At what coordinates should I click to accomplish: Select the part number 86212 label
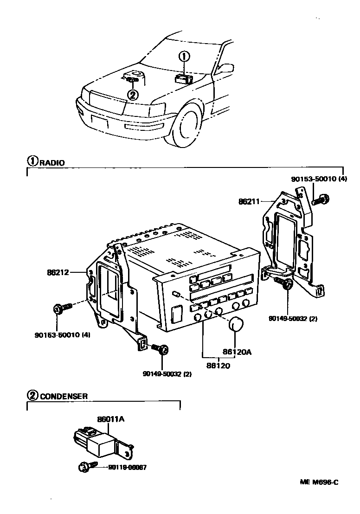coord(58,272)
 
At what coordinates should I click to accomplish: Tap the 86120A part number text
coord(237,352)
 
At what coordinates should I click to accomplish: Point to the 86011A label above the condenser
coord(111,419)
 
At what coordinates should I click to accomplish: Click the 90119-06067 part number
coord(127,468)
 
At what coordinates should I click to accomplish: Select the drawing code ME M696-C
coord(319,482)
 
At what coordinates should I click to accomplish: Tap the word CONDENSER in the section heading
coord(64,397)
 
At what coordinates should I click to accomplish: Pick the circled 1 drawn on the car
coord(185,57)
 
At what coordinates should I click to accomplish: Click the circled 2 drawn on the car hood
coord(133,95)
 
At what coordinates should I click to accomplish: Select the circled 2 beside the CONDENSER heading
coord(32,396)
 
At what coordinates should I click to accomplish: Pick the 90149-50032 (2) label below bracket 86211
coord(292,319)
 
